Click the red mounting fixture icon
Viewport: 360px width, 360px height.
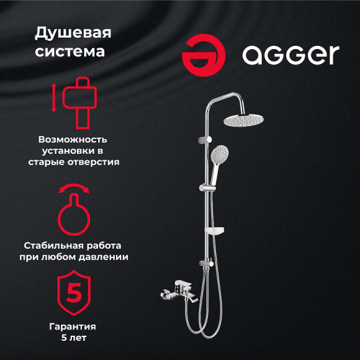pyautogui.click(x=79, y=99)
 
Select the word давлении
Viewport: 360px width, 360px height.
pyautogui.click(x=104, y=256)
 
